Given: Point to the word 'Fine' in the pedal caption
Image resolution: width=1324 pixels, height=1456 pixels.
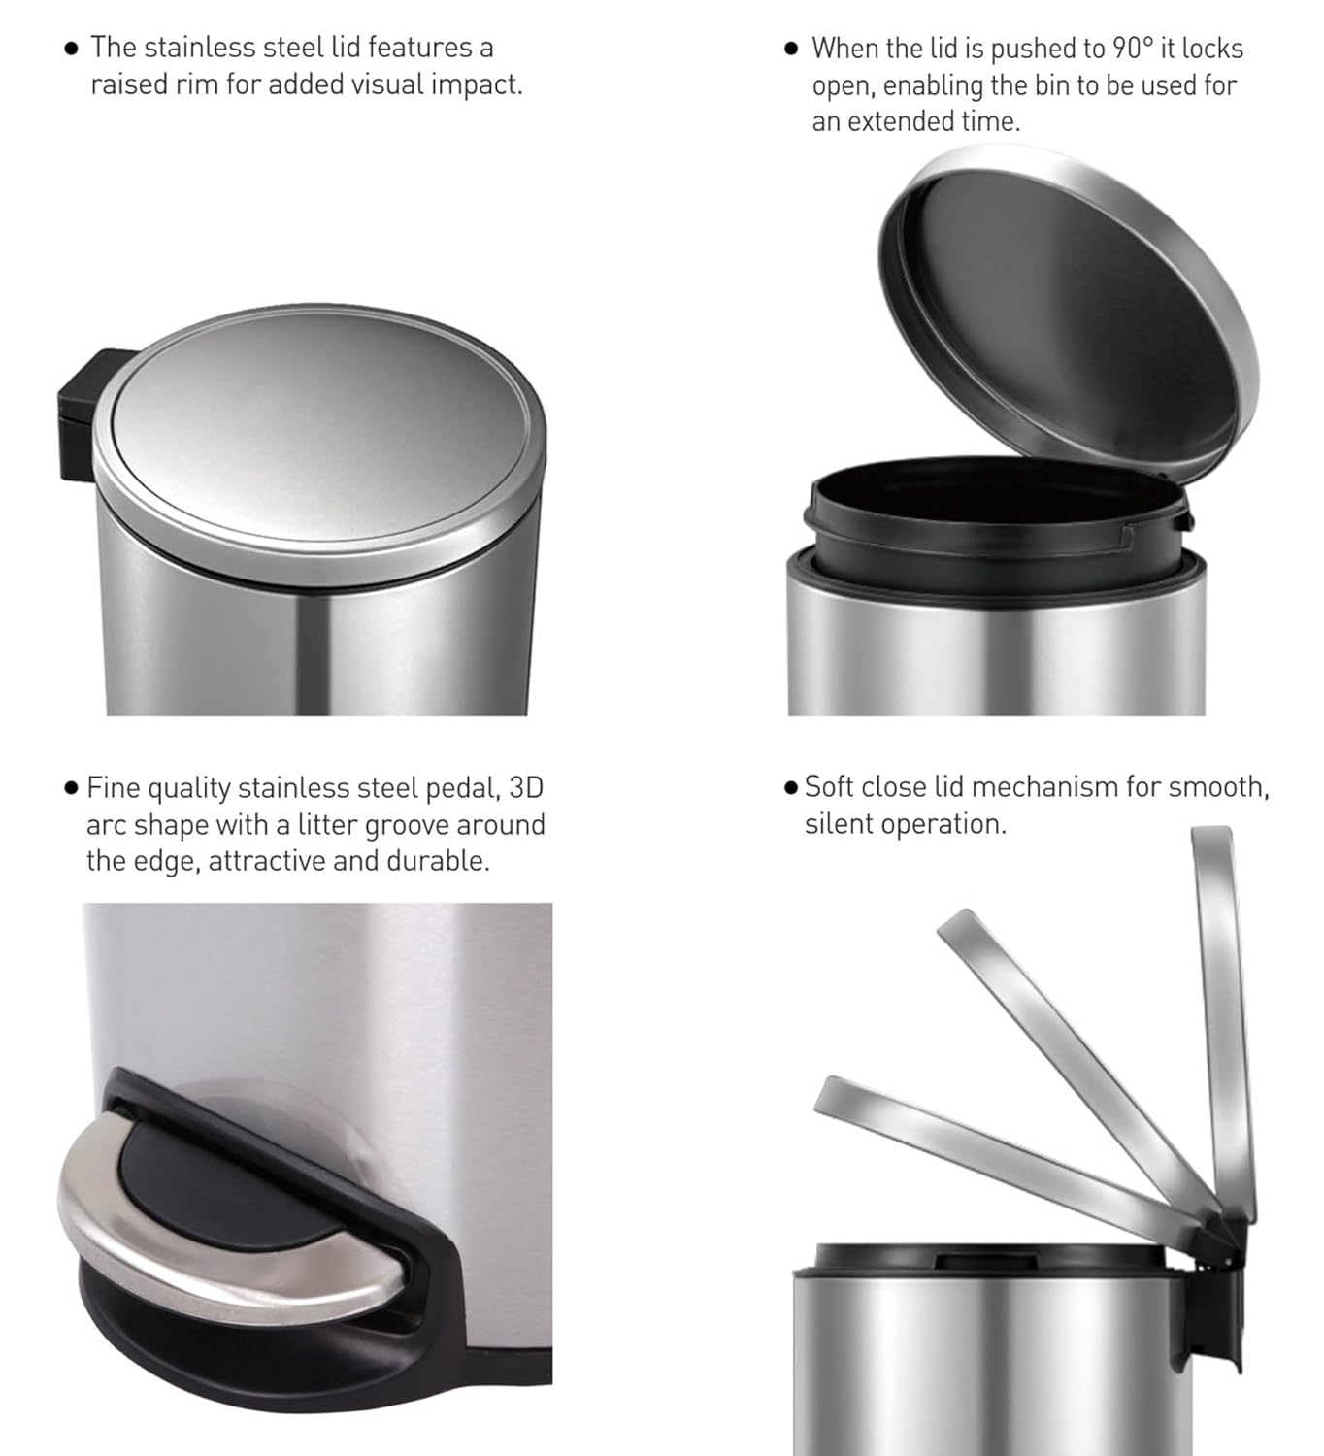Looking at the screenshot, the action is pyautogui.click(x=114, y=788).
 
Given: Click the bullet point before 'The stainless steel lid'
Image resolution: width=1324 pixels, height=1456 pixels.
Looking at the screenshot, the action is pyautogui.click(x=71, y=49).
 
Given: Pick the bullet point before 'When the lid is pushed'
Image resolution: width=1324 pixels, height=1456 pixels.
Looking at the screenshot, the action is pyautogui.click(x=791, y=49).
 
